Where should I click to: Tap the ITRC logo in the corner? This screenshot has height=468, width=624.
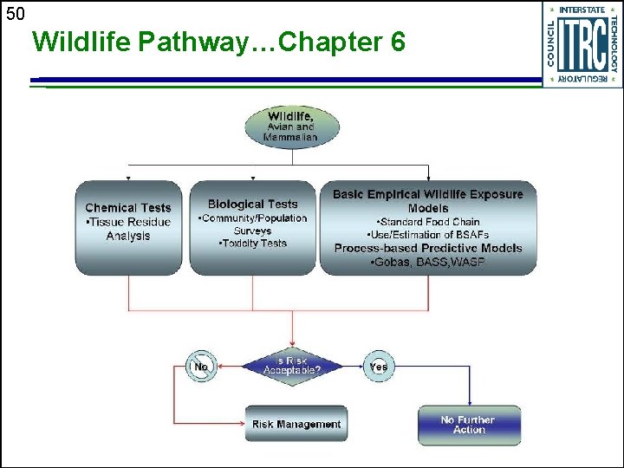click(x=582, y=44)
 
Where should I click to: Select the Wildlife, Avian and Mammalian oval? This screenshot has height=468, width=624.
click(x=291, y=127)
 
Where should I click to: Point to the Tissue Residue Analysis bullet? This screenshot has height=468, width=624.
click(x=128, y=229)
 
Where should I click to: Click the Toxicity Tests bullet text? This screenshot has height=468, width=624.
click(x=253, y=244)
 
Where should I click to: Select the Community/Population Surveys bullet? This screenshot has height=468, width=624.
click(x=253, y=224)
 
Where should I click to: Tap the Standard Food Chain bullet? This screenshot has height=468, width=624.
click(x=428, y=222)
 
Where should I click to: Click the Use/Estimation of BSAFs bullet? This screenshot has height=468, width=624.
click(x=428, y=235)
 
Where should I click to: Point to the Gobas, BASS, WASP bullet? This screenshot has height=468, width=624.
click(x=428, y=262)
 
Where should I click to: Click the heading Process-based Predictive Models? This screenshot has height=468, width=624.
click(x=428, y=248)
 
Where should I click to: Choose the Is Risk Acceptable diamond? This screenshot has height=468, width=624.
click(x=291, y=367)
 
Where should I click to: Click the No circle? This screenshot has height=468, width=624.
click(x=201, y=367)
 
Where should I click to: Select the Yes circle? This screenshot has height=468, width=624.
click(x=378, y=367)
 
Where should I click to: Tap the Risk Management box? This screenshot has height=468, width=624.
click(x=296, y=424)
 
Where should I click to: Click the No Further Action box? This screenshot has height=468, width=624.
click(x=469, y=425)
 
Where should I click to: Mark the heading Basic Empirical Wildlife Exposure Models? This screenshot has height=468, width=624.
click(x=428, y=201)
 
